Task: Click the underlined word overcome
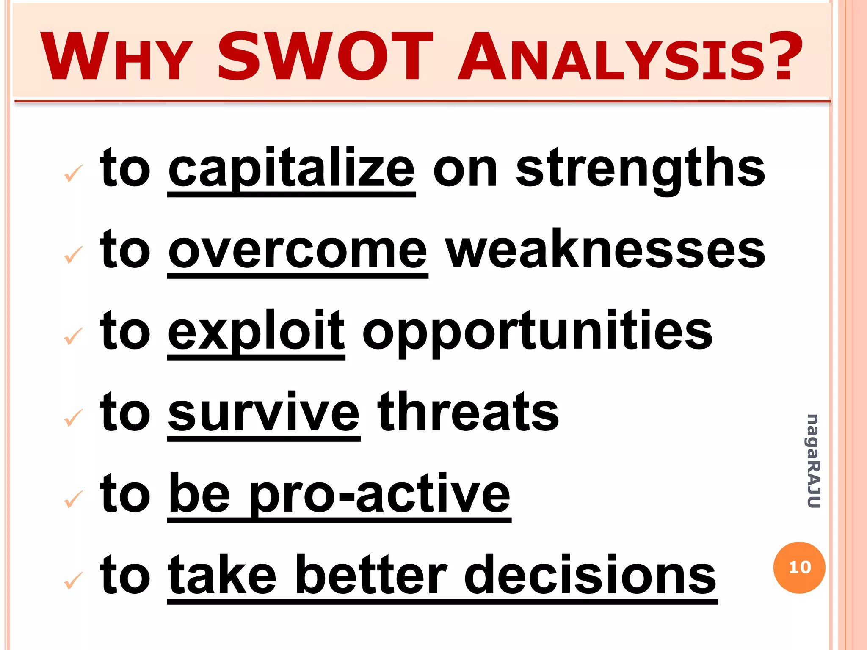point(298,251)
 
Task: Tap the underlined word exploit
point(256,332)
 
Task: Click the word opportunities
point(538,332)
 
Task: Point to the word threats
point(468,413)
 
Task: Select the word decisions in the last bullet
point(590,576)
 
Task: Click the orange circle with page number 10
point(799,567)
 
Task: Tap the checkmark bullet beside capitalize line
point(73,173)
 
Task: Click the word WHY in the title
point(116,57)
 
